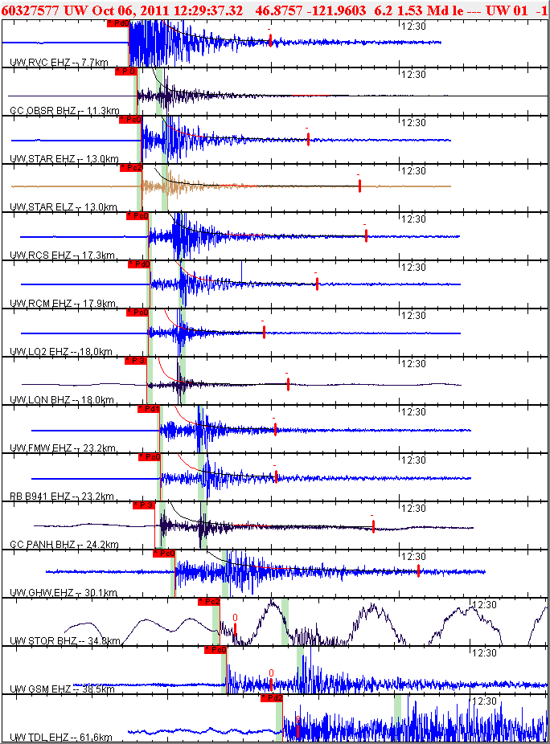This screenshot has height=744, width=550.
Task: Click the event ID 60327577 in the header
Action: (x=29, y=10)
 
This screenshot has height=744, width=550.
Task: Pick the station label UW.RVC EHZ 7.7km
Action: (x=53, y=62)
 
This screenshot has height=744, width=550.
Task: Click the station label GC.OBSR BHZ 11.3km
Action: (x=64, y=110)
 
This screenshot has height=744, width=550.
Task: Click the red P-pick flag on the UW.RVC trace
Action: (x=118, y=24)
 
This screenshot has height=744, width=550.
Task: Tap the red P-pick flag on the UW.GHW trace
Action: (x=164, y=554)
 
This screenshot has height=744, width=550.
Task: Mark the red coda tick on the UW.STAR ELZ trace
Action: (x=359, y=186)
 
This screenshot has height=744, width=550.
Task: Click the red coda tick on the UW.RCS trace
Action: (x=366, y=235)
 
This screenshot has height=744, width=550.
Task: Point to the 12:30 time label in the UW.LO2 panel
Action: (x=413, y=316)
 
